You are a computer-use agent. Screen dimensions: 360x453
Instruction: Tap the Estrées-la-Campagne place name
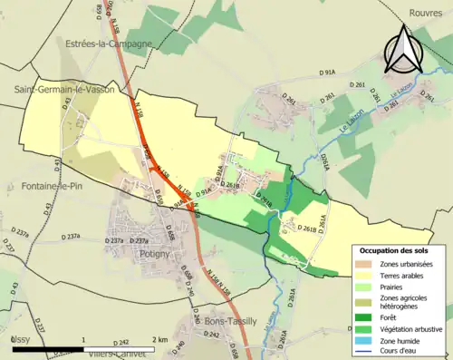[x=105, y=43]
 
